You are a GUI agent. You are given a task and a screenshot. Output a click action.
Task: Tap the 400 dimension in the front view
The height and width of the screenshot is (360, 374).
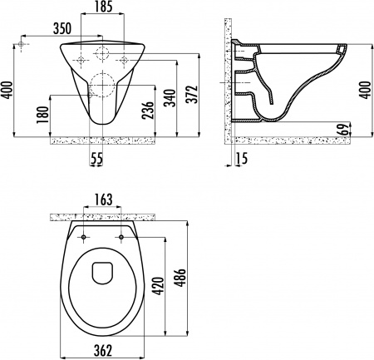(7, 88)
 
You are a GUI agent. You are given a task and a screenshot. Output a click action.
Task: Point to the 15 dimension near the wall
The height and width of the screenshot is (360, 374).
(241, 156)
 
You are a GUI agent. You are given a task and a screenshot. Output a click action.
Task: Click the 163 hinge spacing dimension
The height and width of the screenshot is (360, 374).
(104, 200)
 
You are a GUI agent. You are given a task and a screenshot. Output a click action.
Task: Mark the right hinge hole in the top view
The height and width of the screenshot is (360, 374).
(121, 238)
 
